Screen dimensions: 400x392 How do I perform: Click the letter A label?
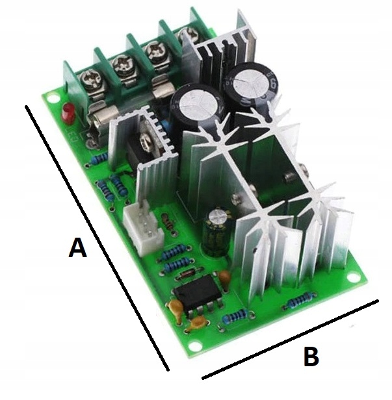pyautogui.click(x=77, y=248)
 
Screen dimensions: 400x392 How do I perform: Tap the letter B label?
pyautogui.click(x=312, y=357)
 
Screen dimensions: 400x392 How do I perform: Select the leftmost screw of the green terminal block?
pyautogui.click(x=89, y=80)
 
